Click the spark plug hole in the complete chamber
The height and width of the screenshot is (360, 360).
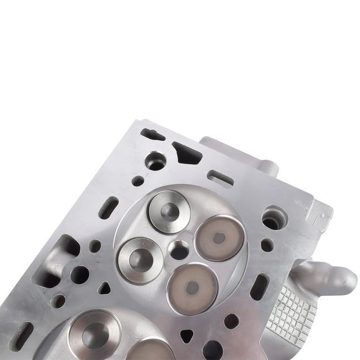(x=179, y=250)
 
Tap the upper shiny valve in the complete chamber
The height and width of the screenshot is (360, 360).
(x=168, y=211)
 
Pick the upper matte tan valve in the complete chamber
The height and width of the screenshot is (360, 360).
(x=219, y=238)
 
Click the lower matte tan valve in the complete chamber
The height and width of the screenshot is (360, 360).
(x=192, y=288)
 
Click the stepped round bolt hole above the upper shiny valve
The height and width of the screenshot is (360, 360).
(x=155, y=161)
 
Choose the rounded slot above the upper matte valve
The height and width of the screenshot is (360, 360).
(x=220, y=178)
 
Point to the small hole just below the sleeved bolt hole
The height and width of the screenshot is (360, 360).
(x=267, y=245)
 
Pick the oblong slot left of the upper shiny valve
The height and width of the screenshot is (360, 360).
(x=108, y=208)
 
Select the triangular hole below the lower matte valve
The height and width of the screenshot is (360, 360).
(x=187, y=336)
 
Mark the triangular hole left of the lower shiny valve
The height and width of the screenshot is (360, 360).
(x=104, y=288)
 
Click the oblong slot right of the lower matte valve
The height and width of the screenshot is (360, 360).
(x=259, y=286)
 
